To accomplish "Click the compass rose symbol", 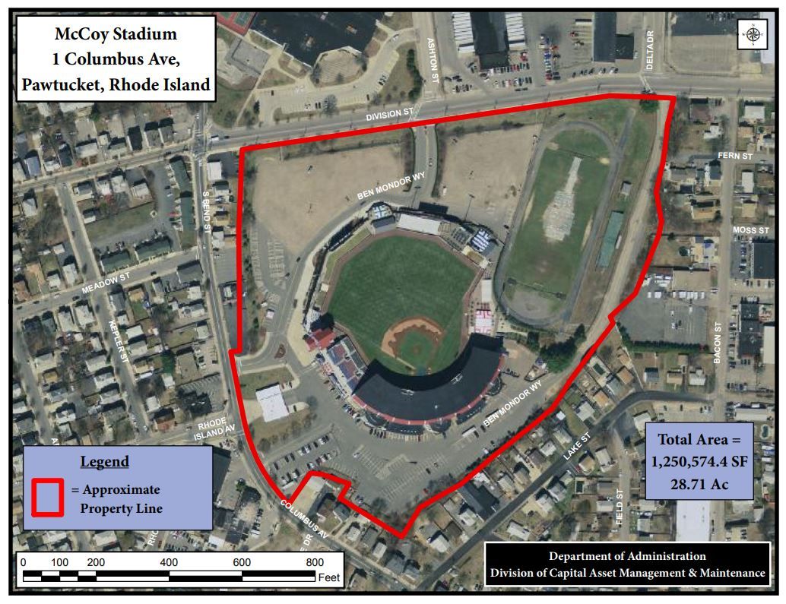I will point(753,36).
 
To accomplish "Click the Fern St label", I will point(734,157).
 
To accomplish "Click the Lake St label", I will point(577,446).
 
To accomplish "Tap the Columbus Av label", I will point(304,520).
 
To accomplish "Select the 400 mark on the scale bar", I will point(170,562).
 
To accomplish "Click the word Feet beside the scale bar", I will point(329,577).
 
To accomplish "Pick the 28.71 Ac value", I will point(699,484).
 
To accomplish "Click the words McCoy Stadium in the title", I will point(116,34).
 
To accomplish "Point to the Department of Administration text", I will point(627,556).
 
